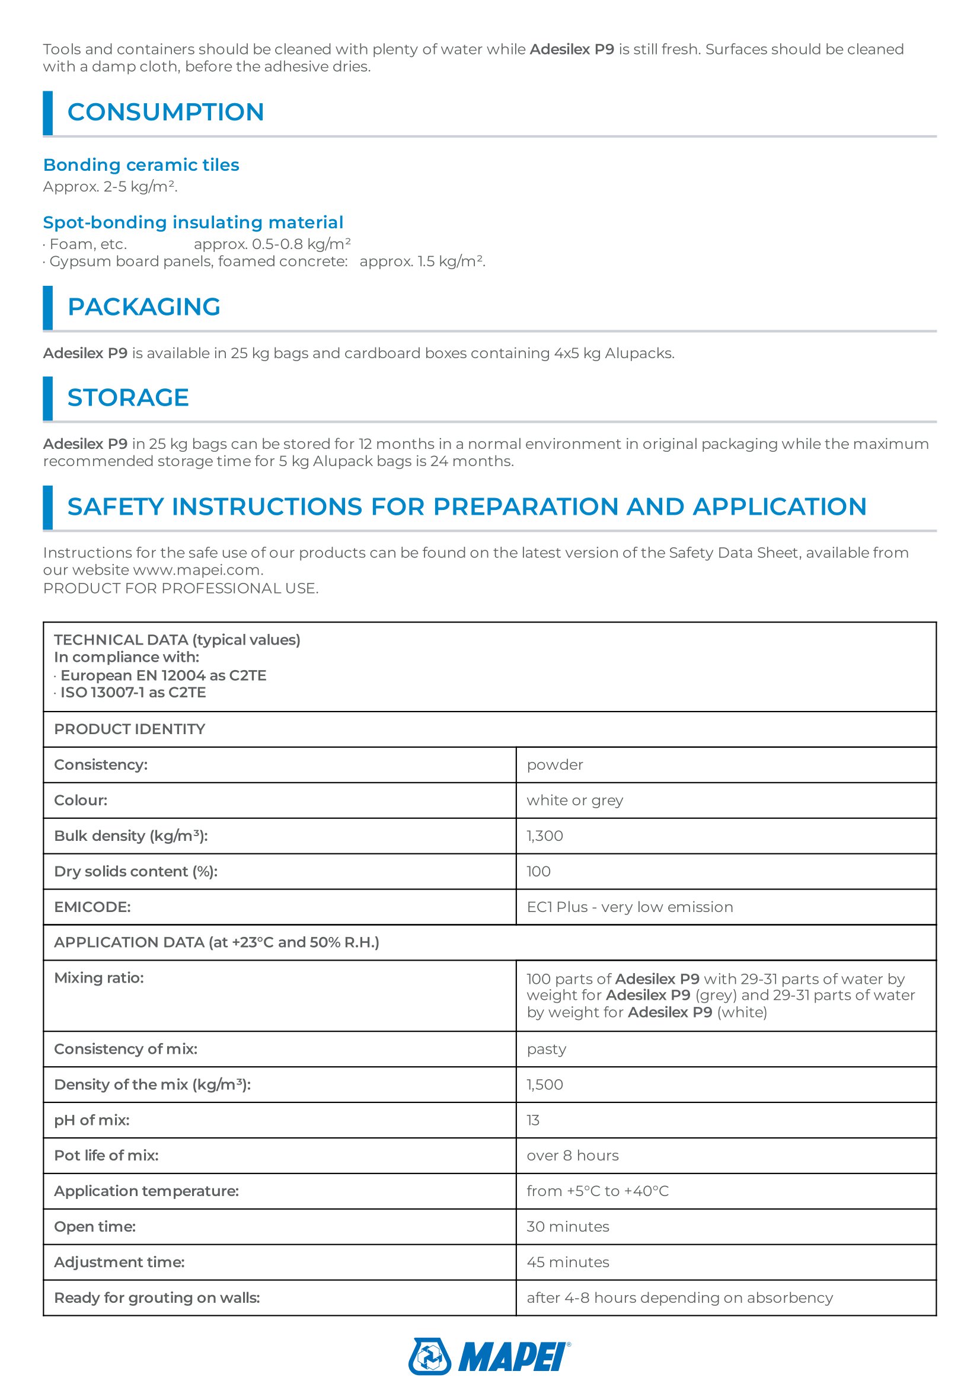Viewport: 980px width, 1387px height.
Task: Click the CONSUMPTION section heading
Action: (x=165, y=112)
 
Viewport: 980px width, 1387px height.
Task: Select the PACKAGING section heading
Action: (x=143, y=307)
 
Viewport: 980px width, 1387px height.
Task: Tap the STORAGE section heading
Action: (x=128, y=397)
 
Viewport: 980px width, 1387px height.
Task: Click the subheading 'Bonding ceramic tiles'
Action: (x=141, y=165)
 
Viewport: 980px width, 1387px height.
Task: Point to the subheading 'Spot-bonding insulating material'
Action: (x=193, y=222)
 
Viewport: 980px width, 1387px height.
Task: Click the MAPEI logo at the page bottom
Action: (x=489, y=1356)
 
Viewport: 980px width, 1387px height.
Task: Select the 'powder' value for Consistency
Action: (x=555, y=765)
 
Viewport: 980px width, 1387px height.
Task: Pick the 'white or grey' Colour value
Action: (x=575, y=801)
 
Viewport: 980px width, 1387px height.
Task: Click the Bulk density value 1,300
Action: (x=545, y=836)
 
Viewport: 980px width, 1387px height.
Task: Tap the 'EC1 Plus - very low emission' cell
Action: (x=630, y=907)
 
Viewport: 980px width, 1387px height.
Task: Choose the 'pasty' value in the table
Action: (x=547, y=1049)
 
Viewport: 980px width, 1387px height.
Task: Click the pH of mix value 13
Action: (x=533, y=1120)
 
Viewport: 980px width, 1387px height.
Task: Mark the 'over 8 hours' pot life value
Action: (x=573, y=1156)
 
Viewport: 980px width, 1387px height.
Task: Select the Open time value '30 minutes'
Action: (x=567, y=1226)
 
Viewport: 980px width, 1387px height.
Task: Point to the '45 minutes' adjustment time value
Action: (x=567, y=1262)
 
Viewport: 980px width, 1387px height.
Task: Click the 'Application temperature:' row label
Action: (x=146, y=1191)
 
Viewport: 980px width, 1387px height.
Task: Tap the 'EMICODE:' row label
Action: (x=92, y=907)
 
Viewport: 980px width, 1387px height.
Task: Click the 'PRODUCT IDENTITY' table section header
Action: (x=130, y=729)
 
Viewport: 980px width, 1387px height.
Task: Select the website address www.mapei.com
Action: (x=197, y=570)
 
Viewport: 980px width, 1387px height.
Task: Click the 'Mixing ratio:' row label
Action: (x=99, y=978)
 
